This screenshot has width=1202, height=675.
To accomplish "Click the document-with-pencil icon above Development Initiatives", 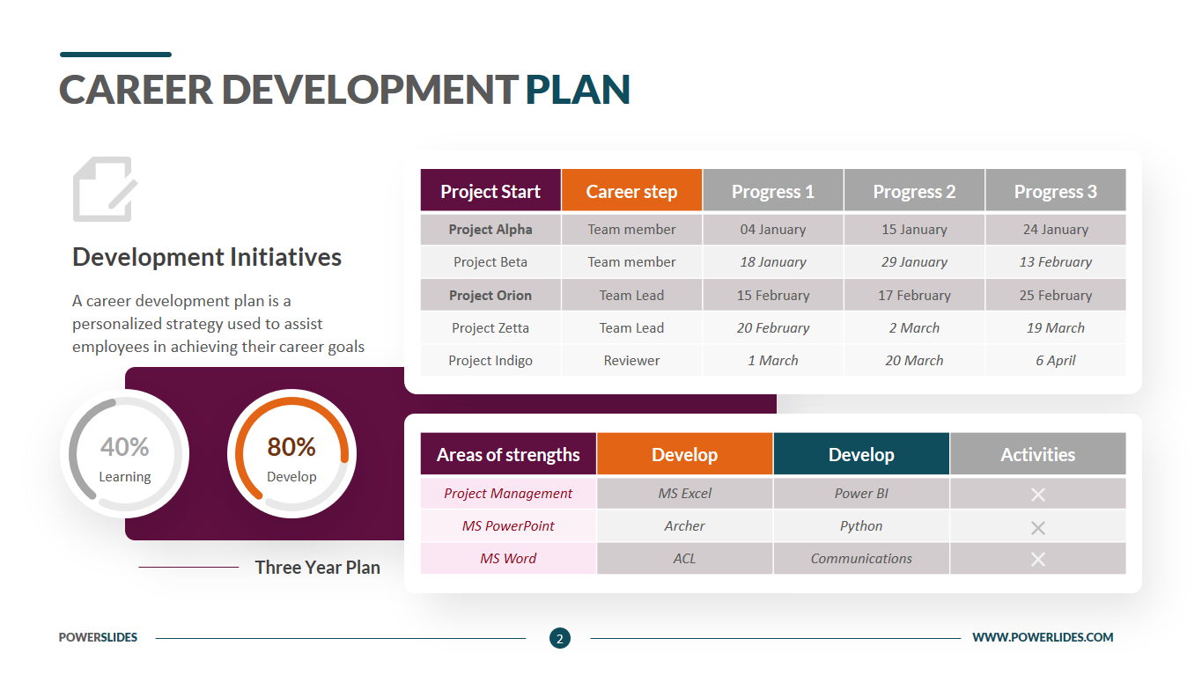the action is click(105, 188).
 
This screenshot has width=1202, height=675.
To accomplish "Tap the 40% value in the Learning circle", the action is click(124, 446).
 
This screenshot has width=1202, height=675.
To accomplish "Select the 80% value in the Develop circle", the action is click(291, 446).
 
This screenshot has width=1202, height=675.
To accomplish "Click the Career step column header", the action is click(631, 190).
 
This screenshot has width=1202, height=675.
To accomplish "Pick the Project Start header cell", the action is click(490, 190).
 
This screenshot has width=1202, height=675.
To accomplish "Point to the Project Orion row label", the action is click(490, 295).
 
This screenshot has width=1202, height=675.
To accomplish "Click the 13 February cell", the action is click(1056, 262).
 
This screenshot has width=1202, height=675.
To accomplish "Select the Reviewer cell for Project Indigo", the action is click(631, 360).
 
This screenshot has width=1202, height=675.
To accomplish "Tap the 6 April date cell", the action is click(1056, 360).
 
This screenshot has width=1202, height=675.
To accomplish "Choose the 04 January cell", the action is click(773, 230).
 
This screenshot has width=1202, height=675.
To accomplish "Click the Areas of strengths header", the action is click(508, 454).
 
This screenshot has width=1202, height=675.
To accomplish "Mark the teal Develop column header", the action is click(861, 454).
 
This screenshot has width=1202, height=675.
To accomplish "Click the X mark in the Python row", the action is click(1038, 527).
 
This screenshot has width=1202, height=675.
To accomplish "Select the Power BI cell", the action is click(861, 493).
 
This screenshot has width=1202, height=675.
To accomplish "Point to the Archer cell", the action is click(685, 526).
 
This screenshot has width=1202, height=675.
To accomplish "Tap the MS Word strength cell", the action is click(508, 559).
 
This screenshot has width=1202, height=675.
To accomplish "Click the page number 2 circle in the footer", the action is click(560, 638).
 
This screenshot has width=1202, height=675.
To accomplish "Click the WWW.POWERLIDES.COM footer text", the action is click(1043, 637).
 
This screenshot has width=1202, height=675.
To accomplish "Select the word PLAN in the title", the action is click(578, 90).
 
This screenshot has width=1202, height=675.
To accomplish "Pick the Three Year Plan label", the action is click(318, 568).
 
